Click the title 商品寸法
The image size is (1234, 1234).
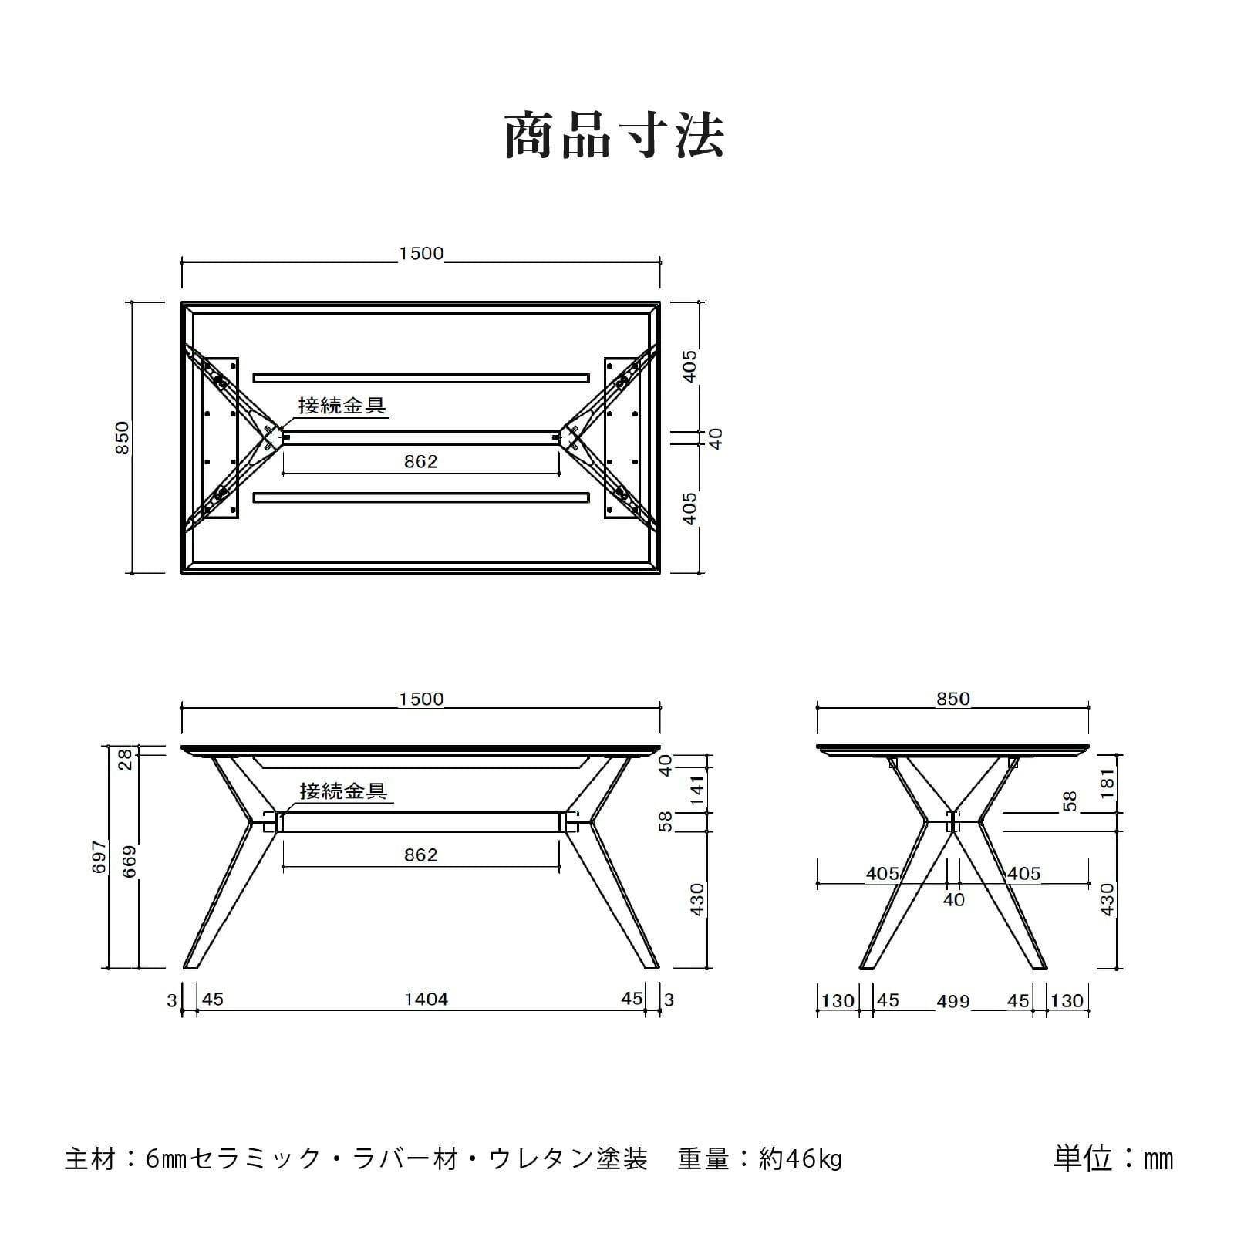[x=615, y=136]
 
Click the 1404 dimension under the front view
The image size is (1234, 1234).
[x=427, y=1000]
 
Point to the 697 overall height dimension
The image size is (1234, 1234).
[x=99, y=857]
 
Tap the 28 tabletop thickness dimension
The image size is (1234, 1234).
[x=126, y=759]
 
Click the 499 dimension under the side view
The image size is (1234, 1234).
[x=953, y=1001]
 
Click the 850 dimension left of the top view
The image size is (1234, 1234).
[x=123, y=437]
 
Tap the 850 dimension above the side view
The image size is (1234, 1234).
[x=953, y=699]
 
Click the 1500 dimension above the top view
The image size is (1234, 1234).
[x=421, y=254]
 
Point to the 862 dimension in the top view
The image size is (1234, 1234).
[x=421, y=461]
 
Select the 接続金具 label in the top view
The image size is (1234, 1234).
[x=342, y=406]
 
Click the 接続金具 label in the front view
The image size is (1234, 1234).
[x=343, y=791]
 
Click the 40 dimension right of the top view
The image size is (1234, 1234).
[x=716, y=439]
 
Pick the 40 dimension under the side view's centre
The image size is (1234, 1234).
[x=954, y=900]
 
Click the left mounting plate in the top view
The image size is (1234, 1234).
[x=220, y=437]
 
